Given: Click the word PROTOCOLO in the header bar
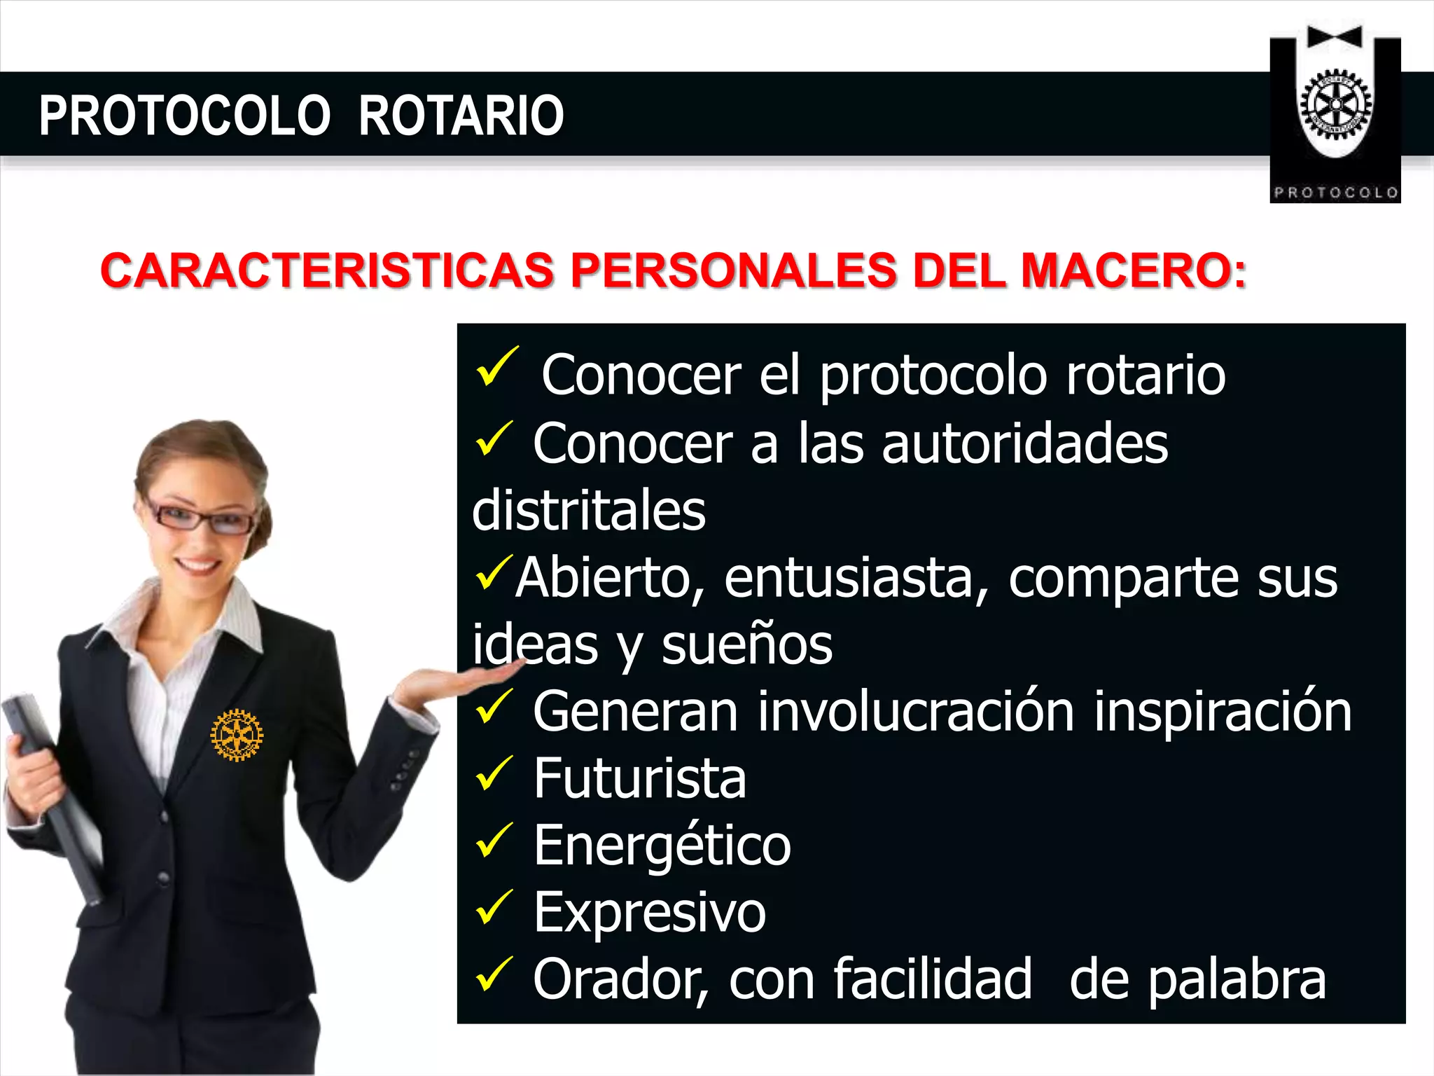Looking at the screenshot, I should click(x=184, y=116).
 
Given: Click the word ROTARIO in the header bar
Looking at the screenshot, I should click(x=461, y=116).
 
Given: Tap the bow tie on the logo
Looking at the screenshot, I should click(x=1335, y=37).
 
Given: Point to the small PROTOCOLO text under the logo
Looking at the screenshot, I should click(x=1335, y=193).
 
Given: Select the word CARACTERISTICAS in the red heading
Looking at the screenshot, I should click(x=327, y=271).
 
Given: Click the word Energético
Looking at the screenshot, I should click(x=662, y=846).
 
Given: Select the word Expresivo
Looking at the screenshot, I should click(x=649, y=913).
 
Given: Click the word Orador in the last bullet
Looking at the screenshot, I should click(x=620, y=980).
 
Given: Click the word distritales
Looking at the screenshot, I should click(x=589, y=511).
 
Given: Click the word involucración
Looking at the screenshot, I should click(x=916, y=712).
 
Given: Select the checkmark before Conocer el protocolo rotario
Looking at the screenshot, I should click(x=496, y=367).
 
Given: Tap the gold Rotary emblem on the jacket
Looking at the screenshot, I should click(x=237, y=735).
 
